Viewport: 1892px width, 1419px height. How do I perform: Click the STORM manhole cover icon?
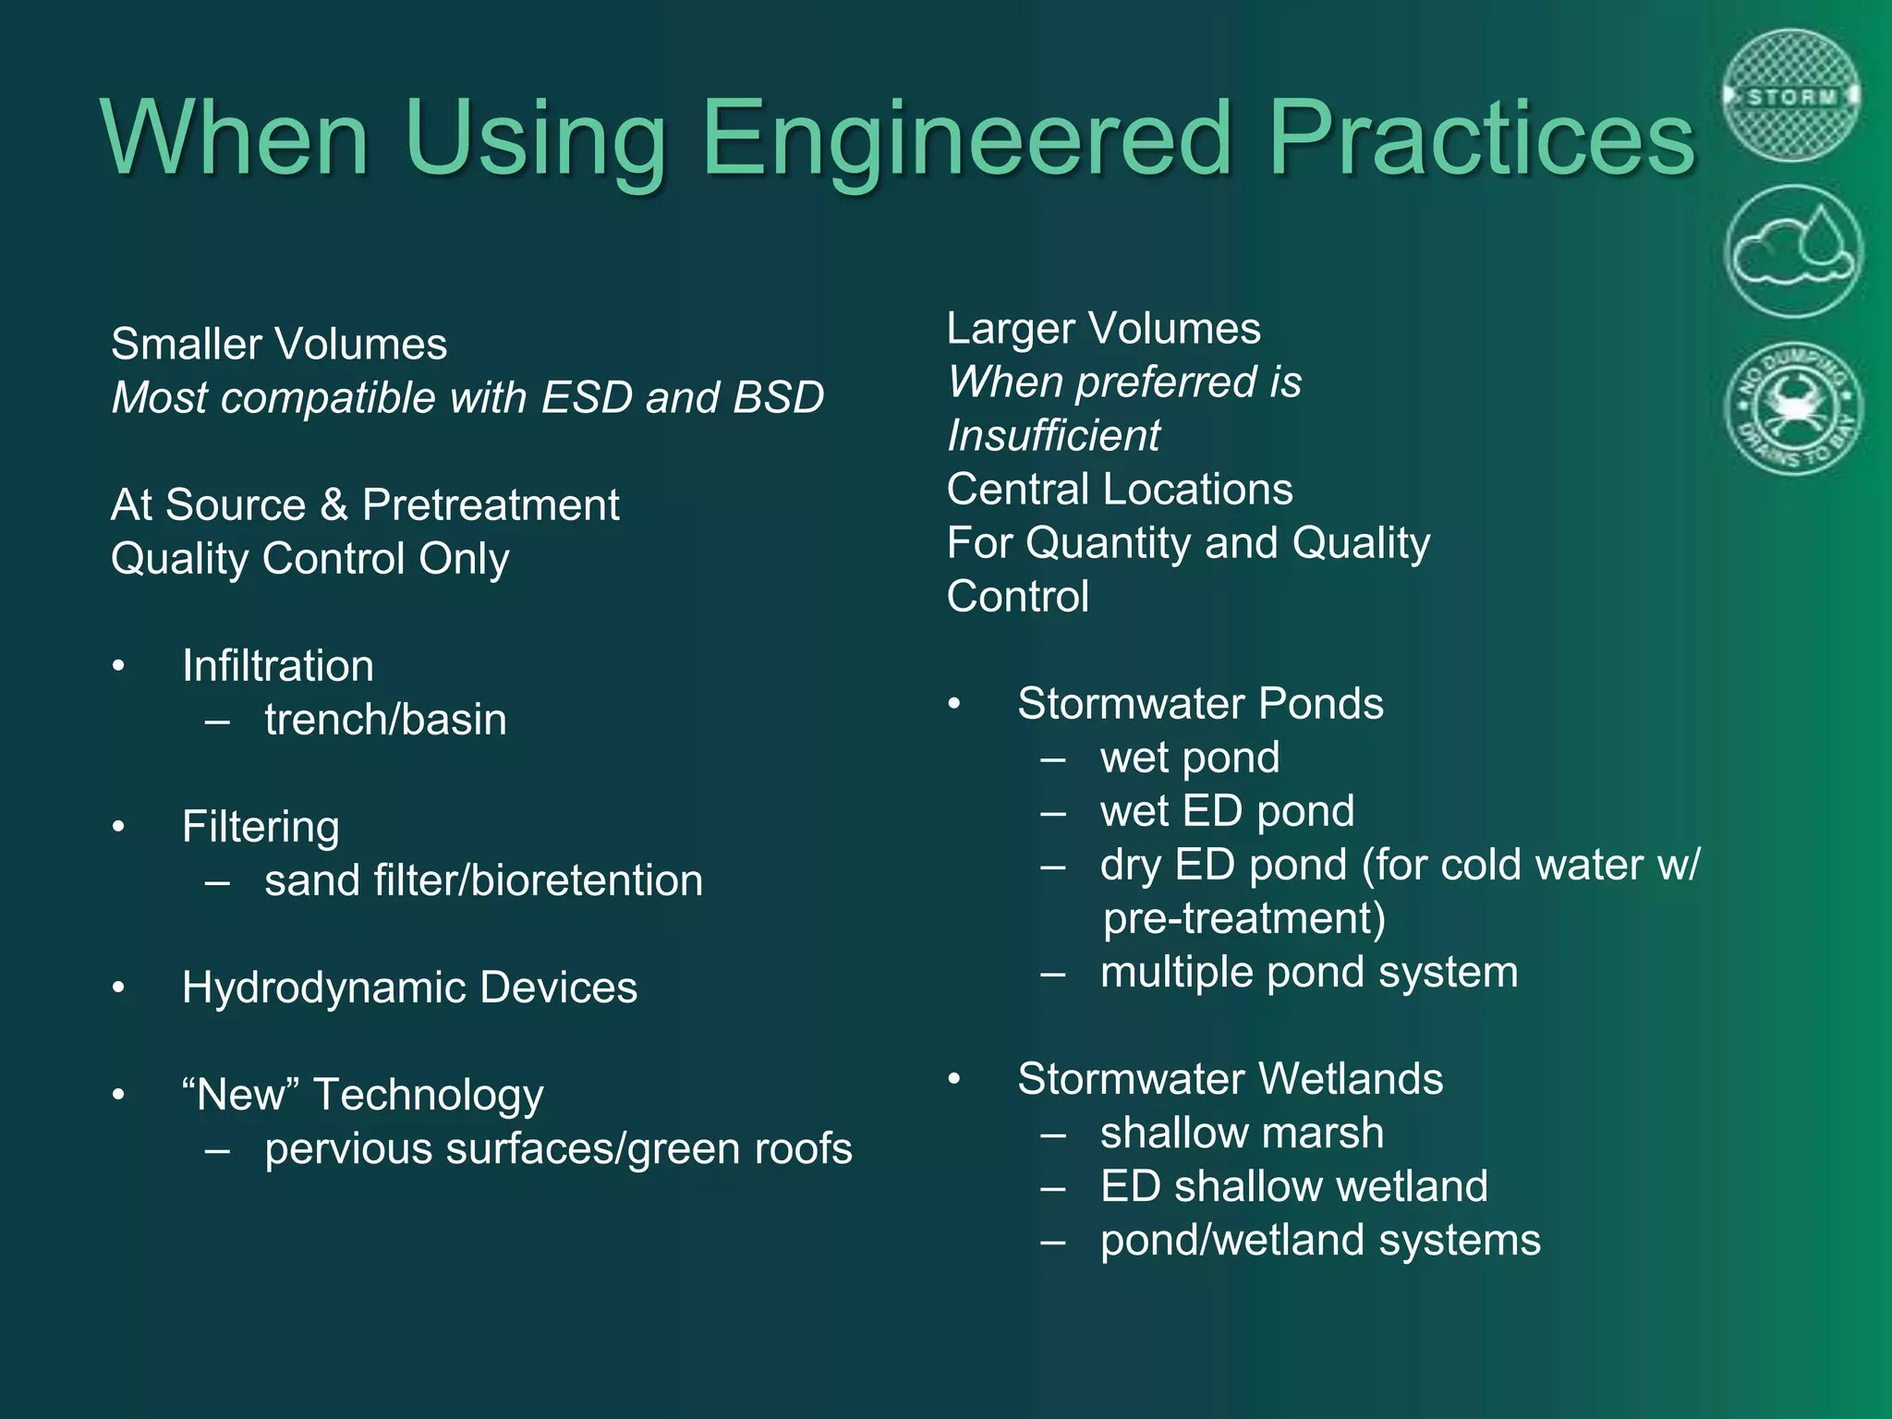click(1791, 95)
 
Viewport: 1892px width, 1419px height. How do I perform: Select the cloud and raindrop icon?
click(1792, 251)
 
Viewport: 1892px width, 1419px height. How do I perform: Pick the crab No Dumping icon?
click(1793, 407)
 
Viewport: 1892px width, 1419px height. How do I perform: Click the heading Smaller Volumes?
click(279, 345)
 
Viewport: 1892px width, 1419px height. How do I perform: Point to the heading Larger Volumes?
click(1103, 329)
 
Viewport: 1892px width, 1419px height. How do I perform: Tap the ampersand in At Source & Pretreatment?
click(334, 505)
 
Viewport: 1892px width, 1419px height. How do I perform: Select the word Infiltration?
click(278, 666)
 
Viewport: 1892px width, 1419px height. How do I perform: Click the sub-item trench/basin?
click(385, 720)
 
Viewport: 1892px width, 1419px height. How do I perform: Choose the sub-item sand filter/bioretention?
click(483, 880)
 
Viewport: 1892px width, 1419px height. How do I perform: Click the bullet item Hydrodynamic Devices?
click(409, 988)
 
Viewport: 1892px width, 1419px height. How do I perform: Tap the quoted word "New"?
click(241, 1095)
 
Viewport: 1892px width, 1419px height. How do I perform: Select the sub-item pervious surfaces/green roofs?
click(558, 1149)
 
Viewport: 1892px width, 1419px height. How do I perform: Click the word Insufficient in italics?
click(1053, 436)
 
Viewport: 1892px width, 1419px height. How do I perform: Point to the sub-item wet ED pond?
click(1227, 811)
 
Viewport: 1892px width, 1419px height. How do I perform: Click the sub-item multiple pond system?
click(1308, 972)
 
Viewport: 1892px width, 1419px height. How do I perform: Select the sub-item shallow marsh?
click(1242, 1133)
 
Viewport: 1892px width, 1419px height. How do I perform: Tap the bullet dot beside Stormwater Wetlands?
click(954, 1079)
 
